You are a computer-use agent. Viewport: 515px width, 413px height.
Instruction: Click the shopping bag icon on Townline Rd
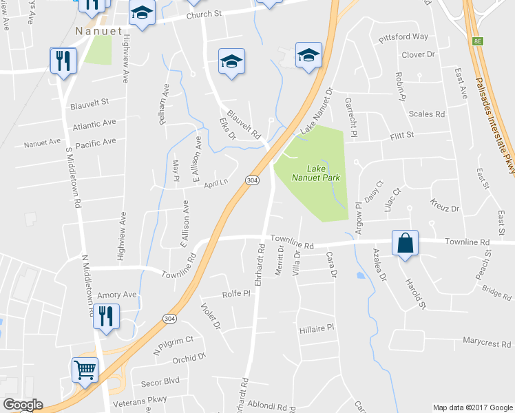pyautogui.click(x=406, y=244)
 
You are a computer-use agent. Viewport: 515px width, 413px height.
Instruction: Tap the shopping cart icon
pyautogui.click(x=85, y=370)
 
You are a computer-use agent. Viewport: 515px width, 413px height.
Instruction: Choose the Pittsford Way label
pyautogui.click(x=403, y=36)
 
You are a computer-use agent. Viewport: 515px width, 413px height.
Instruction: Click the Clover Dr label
pyautogui.click(x=419, y=54)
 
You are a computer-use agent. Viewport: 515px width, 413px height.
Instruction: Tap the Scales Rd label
pyautogui.click(x=427, y=114)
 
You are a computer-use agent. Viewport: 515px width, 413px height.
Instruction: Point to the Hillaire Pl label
pyautogui.click(x=317, y=329)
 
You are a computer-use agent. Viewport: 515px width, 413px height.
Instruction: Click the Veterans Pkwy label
pyautogui.click(x=143, y=399)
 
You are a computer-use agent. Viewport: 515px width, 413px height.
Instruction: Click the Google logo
pyautogui.click(x=23, y=405)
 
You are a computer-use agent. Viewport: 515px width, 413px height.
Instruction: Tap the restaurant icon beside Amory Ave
pyautogui.click(x=107, y=317)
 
